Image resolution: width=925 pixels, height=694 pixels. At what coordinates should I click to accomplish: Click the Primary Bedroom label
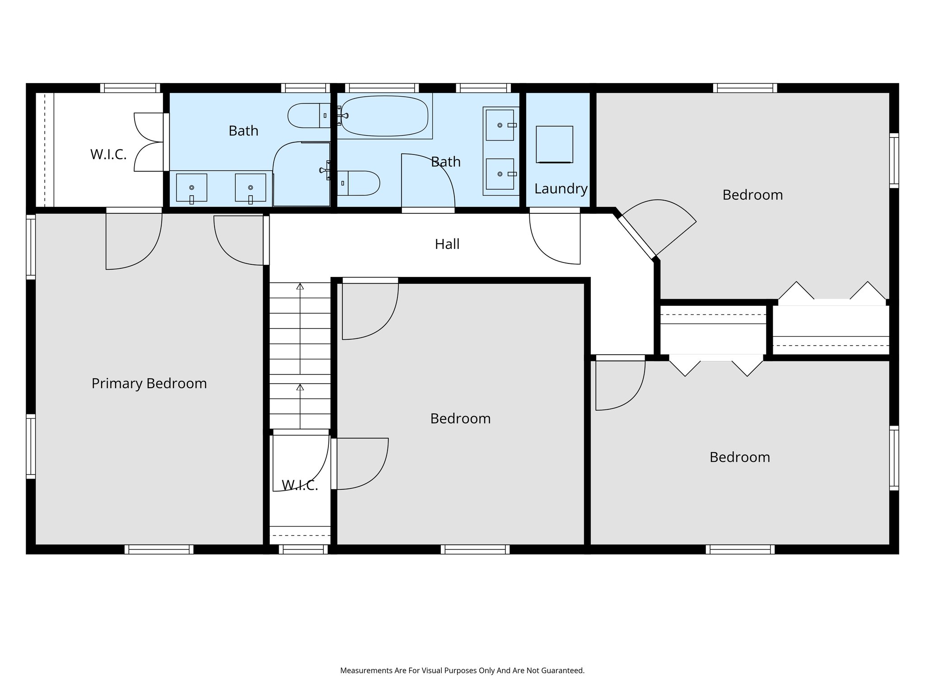pos(149,384)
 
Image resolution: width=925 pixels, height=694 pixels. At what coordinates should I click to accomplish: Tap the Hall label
pos(447,244)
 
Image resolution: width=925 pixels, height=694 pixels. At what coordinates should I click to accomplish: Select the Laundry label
pos(561,188)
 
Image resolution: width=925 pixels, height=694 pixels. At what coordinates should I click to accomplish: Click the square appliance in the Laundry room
pos(554,144)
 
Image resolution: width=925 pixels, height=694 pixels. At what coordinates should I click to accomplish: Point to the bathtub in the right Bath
pos(384,116)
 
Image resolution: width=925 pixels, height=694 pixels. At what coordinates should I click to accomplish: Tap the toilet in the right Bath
pos(359,183)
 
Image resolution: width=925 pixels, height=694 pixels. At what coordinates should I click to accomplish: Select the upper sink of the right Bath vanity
pos(500,125)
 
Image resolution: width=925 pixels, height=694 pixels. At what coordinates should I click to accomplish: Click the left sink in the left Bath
pos(192,187)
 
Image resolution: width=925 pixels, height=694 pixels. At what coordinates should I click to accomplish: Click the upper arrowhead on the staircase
pos(300,286)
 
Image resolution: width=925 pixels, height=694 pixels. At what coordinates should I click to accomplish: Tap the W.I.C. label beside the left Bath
pos(108,155)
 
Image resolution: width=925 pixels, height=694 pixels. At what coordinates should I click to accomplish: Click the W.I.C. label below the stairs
pos(300,485)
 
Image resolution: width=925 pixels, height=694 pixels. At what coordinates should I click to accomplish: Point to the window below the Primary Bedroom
pos(159,549)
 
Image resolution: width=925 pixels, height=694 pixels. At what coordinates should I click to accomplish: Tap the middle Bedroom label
pos(460,418)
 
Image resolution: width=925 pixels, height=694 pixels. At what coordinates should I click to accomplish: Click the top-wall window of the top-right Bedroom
pos(745,88)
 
